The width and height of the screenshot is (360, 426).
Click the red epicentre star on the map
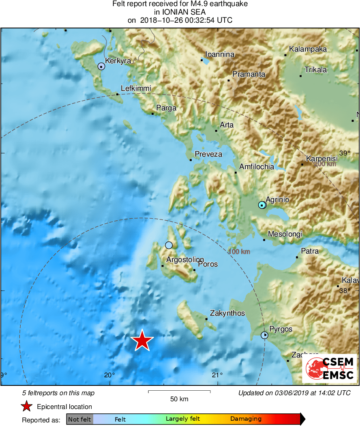[142, 340]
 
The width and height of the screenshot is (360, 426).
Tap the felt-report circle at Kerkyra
[101, 66]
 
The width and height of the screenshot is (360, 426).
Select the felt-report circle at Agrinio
[262, 205]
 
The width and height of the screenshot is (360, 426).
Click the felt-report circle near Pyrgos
[264, 335]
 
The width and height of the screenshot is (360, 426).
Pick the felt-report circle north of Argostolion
[169, 245]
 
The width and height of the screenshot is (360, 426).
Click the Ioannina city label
[220, 54]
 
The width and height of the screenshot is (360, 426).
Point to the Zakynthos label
[227, 313]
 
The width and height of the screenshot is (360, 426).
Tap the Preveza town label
[208, 154]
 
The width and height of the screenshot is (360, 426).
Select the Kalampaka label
[308, 49]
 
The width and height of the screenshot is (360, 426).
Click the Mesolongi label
[285, 234]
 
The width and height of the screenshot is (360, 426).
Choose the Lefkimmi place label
[136, 88]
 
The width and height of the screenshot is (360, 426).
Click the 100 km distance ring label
[239, 252]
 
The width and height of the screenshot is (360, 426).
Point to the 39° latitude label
[345, 153]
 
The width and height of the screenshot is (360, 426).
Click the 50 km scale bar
[179, 392]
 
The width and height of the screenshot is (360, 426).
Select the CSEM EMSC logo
[329, 368]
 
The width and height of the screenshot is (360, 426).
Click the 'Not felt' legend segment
[79, 419]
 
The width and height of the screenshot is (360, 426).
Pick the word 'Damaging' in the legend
[246, 419]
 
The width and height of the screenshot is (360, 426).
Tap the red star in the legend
[27, 407]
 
